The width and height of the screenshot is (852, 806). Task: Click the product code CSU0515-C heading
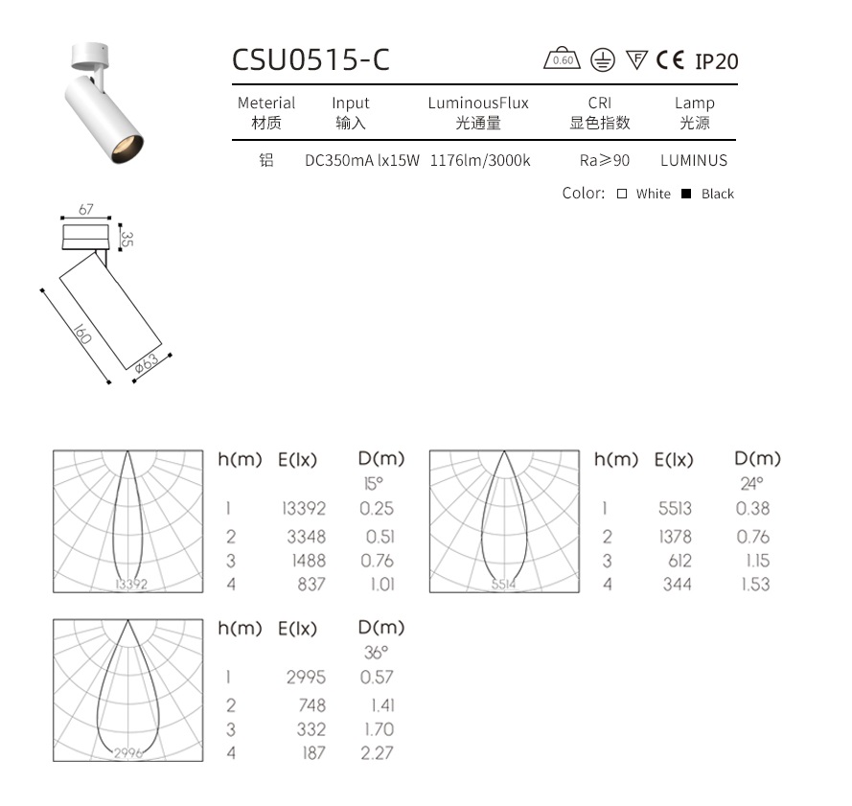[x=311, y=59]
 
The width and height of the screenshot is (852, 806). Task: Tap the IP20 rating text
[x=717, y=61]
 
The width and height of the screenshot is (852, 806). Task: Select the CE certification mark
[x=670, y=60]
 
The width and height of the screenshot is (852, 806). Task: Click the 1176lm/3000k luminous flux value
[x=480, y=161]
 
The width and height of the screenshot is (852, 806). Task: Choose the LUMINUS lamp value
[x=694, y=161]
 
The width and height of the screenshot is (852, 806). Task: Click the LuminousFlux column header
[x=478, y=103]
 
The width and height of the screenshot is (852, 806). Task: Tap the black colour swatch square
[x=686, y=194]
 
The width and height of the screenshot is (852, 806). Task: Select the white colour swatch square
[x=622, y=194]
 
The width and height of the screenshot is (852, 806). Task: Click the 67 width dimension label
[x=86, y=210]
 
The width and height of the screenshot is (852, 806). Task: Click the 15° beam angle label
[x=373, y=484]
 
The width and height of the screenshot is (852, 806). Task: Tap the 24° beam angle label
[x=750, y=484]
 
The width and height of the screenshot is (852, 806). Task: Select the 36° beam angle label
[x=376, y=653]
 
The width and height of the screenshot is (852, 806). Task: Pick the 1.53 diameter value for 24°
[x=755, y=584]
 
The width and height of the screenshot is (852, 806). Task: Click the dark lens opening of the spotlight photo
[x=129, y=146]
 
